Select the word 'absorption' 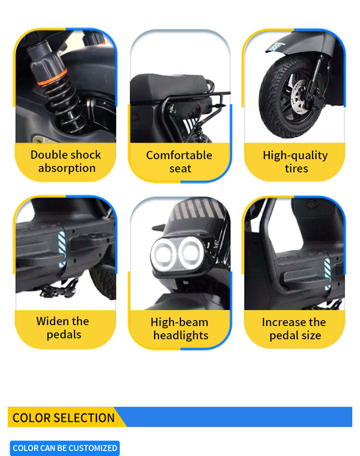[x=67, y=168]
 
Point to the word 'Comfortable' [x=179, y=155]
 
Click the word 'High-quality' [x=295, y=155]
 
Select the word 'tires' [x=296, y=169]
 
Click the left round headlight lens [x=164, y=253]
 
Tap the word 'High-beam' [x=179, y=322]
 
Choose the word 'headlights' [x=180, y=336]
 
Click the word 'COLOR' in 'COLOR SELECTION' [x=31, y=418]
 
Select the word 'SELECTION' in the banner [x=84, y=418]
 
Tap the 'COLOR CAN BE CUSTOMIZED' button [x=65, y=448]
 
